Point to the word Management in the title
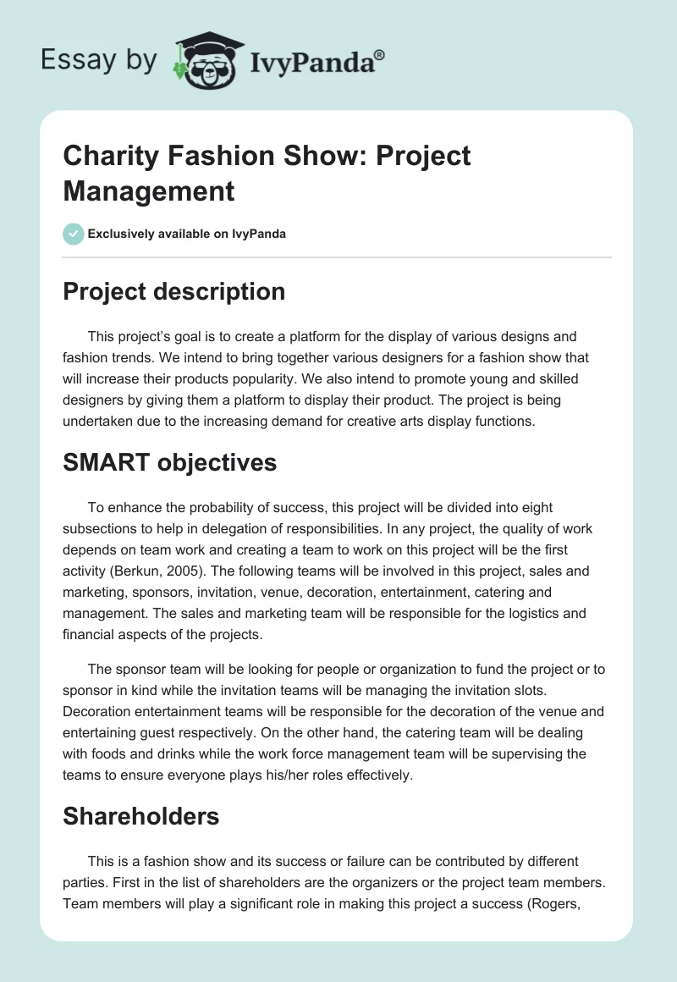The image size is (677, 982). click(x=149, y=190)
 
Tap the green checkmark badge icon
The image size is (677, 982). click(x=74, y=234)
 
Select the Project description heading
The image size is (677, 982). click(x=173, y=291)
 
